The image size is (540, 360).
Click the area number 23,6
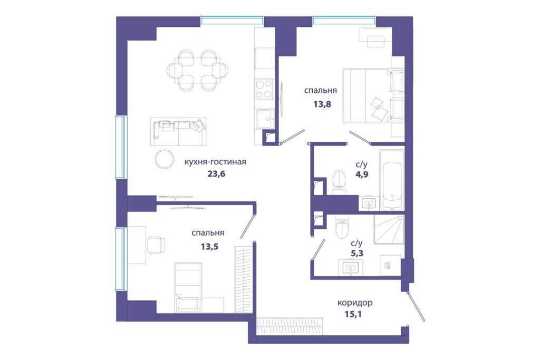(216, 174)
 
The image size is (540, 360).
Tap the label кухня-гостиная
(215, 162)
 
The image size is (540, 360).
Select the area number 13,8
(322, 104)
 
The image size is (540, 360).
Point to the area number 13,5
(209, 247)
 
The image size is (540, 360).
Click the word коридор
(355, 303)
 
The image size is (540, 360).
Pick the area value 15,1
(353, 314)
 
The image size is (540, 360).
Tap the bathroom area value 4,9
(362, 174)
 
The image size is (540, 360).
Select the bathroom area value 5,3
(357, 254)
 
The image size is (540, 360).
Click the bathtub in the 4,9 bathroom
(392, 180)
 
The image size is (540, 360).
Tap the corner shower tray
(389, 230)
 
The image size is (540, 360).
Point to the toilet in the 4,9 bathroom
(338, 181)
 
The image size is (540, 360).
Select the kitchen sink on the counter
(265, 119)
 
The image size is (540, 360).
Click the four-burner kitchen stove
(265, 89)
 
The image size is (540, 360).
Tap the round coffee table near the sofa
(165, 160)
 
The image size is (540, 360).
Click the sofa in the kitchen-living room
(178, 132)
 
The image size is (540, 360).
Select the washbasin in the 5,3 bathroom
(350, 267)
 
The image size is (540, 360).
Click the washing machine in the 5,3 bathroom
(390, 265)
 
